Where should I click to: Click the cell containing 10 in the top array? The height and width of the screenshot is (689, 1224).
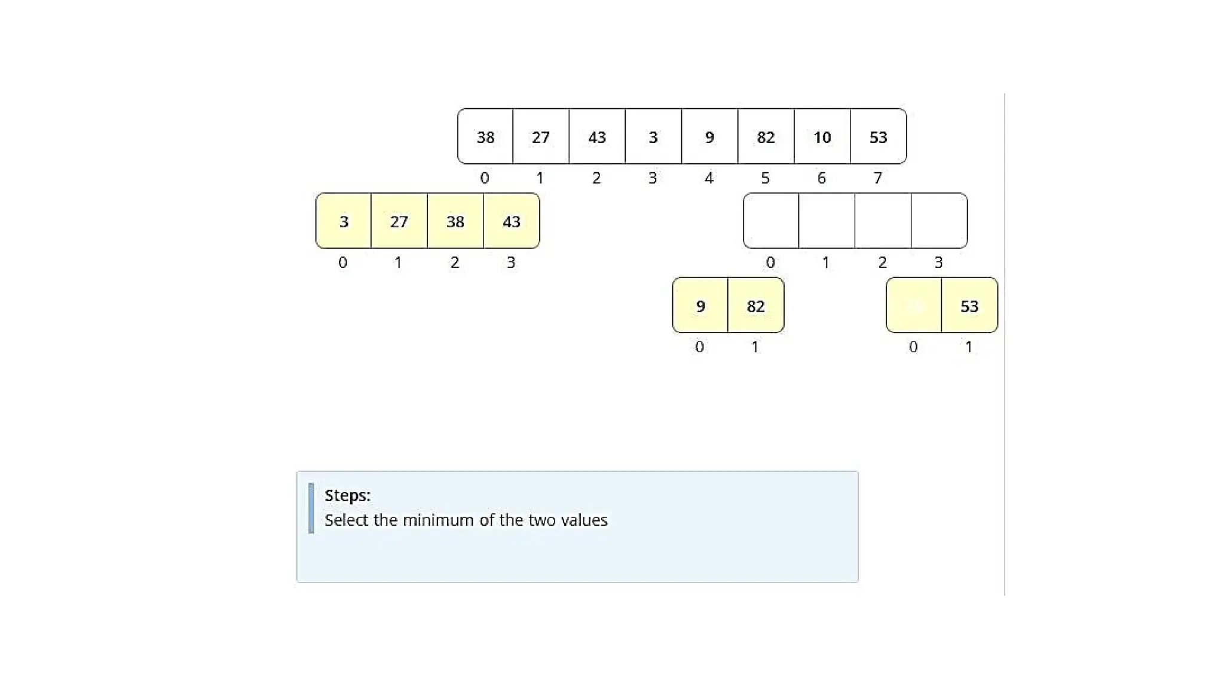click(x=822, y=137)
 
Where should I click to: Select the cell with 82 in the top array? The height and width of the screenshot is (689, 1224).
click(x=766, y=137)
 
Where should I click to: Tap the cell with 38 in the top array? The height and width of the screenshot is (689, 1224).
click(x=485, y=137)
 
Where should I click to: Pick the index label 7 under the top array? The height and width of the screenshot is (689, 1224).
click(x=877, y=178)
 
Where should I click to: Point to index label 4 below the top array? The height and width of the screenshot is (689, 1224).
click(x=709, y=178)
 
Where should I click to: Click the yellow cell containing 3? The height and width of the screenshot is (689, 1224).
click(x=344, y=221)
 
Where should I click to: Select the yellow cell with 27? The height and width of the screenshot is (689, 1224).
click(x=399, y=221)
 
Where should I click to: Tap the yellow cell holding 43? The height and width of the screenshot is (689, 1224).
click(x=511, y=221)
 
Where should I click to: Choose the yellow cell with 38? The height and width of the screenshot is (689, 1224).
click(x=455, y=221)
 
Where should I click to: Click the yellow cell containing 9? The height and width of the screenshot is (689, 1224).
click(x=700, y=306)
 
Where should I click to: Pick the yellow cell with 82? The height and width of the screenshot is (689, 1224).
click(x=755, y=306)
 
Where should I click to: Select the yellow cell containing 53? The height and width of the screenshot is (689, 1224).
click(x=969, y=306)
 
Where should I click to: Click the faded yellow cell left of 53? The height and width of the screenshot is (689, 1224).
click(x=913, y=306)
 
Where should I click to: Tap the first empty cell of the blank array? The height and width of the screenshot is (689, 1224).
click(x=771, y=221)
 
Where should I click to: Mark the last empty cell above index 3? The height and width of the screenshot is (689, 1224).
click(x=939, y=221)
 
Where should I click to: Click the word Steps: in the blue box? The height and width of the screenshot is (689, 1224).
click(x=347, y=495)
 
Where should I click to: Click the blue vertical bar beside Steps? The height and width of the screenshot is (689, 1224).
click(x=311, y=508)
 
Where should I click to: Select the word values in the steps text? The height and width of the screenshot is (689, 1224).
click(x=584, y=520)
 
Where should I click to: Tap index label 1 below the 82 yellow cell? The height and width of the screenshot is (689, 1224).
click(x=755, y=347)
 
